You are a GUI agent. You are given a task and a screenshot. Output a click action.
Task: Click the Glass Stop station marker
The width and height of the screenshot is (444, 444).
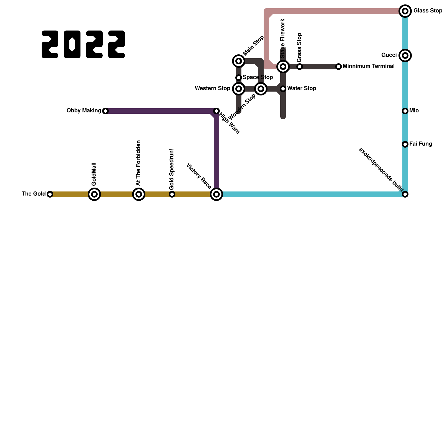(405, 11)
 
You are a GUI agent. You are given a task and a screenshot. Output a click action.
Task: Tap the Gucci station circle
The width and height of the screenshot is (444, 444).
(405, 56)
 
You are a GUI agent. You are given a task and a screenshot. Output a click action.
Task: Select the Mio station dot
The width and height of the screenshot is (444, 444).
(405, 111)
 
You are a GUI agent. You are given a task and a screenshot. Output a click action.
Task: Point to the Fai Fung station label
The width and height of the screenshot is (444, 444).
(420, 144)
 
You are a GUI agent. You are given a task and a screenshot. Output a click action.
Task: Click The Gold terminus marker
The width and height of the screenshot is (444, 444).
(50, 194)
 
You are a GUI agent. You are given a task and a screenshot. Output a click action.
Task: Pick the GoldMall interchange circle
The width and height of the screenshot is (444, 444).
(94, 194)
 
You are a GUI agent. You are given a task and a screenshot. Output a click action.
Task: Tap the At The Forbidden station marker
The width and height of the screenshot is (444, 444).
(139, 194)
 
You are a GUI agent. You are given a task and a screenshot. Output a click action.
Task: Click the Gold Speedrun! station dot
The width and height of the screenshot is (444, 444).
(172, 194)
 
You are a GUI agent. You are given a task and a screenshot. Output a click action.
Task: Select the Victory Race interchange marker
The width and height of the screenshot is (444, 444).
(216, 194)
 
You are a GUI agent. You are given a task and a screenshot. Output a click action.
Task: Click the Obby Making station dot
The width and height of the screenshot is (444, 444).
(105, 111)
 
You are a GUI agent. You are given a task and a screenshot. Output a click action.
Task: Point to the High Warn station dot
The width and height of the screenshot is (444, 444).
(216, 111)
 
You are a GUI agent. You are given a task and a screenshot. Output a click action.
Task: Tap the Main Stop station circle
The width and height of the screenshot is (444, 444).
(239, 61)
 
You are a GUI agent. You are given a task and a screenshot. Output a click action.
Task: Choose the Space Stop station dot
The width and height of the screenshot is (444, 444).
(239, 78)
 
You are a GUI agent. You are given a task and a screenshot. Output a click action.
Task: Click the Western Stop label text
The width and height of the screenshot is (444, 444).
(212, 89)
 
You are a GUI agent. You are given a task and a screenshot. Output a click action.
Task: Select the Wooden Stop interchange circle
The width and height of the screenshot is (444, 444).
(261, 89)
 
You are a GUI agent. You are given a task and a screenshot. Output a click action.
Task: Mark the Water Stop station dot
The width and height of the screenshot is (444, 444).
(283, 89)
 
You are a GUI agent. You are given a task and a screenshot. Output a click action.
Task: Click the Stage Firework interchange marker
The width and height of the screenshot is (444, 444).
(283, 67)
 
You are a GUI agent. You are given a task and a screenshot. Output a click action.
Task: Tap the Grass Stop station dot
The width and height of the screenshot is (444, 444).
(300, 67)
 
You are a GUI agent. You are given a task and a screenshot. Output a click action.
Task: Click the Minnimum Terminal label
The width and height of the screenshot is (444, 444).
(369, 66)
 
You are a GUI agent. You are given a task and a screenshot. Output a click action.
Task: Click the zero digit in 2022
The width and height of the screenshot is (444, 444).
(72, 44)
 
